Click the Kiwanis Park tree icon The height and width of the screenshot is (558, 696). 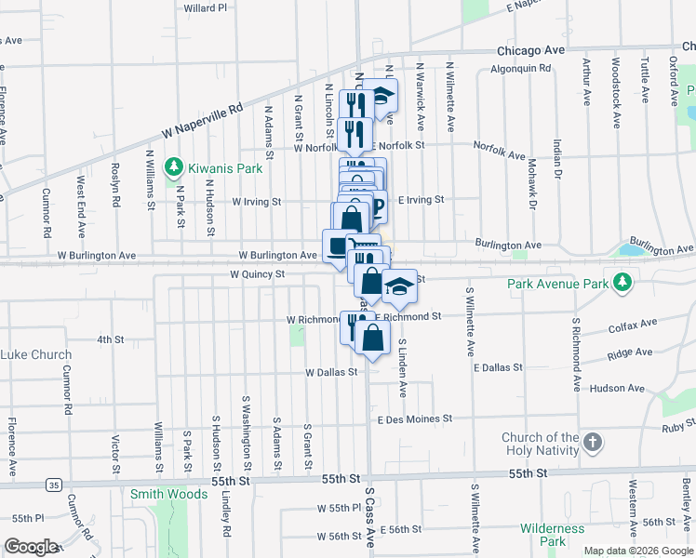pyautogui.click(x=173, y=167)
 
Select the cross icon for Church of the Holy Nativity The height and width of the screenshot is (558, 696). pyautogui.click(x=593, y=444)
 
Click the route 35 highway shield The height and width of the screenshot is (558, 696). pyautogui.click(x=54, y=485)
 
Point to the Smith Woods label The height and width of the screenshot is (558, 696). pyautogui.click(x=168, y=494)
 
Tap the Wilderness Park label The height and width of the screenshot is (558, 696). pyautogui.click(x=552, y=535)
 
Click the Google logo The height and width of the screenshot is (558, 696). pyautogui.click(x=31, y=547)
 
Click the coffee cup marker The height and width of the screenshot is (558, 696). pyautogui.click(x=337, y=245)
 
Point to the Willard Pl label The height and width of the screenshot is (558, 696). pyautogui.click(x=206, y=8)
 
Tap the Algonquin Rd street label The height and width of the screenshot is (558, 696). pyautogui.click(x=520, y=68)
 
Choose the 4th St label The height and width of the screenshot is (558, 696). pyautogui.click(x=111, y=339)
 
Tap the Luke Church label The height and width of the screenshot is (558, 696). pyautogui.click(x=35, y=354)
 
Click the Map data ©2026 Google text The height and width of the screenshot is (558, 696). pyautogui.click(x=638, y=551)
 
